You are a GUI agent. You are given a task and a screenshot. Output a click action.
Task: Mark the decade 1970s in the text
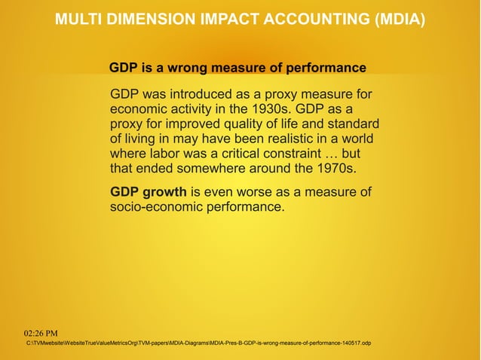point(332,167)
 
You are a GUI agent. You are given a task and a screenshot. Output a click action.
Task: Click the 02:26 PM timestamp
point(46,332)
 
